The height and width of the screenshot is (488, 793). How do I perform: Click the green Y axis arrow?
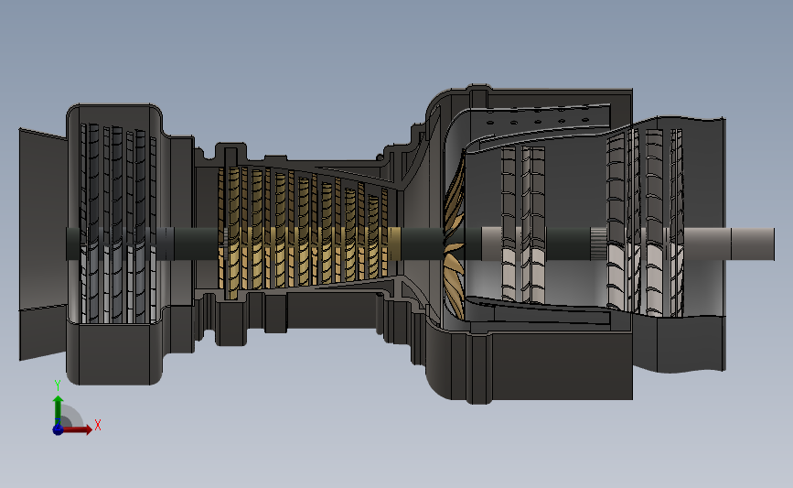(x=59, y=411)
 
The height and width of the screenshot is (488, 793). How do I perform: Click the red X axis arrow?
(x=77, y=429)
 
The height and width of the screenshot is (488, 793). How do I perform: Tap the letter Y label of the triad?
(x=57, y=385)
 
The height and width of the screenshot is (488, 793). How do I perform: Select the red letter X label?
(x=98, y=425)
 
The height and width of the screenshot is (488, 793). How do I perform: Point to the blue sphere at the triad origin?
(x=59, y=429)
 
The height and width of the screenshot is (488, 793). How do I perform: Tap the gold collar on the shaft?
(x=394, y=244)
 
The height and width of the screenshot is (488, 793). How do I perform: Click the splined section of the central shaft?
(x=599, y=244)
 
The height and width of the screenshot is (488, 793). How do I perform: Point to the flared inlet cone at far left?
(x=43, y=244)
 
